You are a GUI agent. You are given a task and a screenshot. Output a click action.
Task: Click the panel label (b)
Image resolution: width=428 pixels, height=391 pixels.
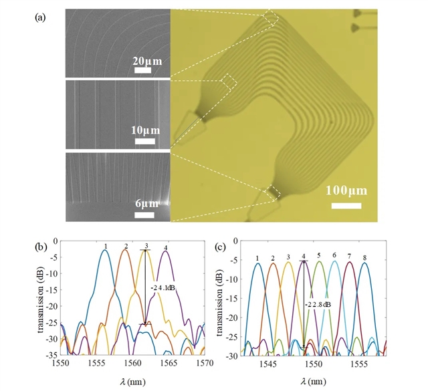click(41, 245)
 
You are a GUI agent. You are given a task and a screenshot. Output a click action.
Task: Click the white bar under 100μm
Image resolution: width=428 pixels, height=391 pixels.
click(346, 205)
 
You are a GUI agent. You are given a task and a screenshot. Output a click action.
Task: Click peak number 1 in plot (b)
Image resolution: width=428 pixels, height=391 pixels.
click(106, 246)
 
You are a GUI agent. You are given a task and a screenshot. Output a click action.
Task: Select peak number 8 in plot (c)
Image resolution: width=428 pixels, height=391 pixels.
click(365, 258)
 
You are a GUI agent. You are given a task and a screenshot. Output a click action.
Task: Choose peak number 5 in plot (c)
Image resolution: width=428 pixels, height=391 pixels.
click(319, 255)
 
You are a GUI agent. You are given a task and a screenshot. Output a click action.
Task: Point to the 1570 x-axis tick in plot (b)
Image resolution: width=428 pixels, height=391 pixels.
click(203, 364)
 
